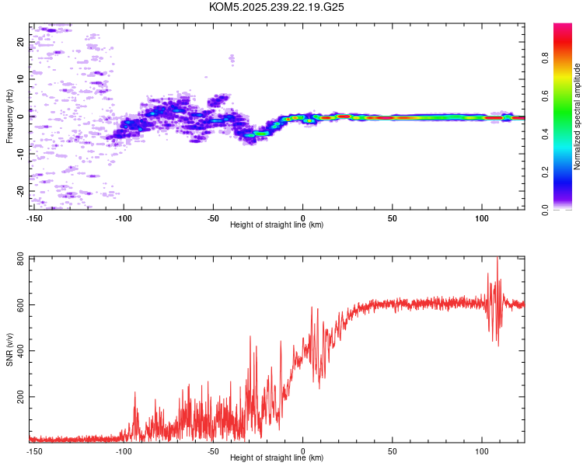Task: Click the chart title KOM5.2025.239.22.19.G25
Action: pos(277,7)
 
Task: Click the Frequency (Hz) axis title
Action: pos(9,116)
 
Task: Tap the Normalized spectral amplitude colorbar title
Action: pos(578,116)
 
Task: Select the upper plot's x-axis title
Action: pos(277,224)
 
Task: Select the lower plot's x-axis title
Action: pos(277,457)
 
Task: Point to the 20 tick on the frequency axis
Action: pos(21,43)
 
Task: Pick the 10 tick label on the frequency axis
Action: pos(21,79)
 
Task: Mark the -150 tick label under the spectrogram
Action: pos(33,217)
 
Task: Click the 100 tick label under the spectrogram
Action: pos(482,217)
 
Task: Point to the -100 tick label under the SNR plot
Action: pos(124,450)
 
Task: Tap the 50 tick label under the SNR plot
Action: pos(393,450)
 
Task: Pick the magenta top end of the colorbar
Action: pos(562,27)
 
